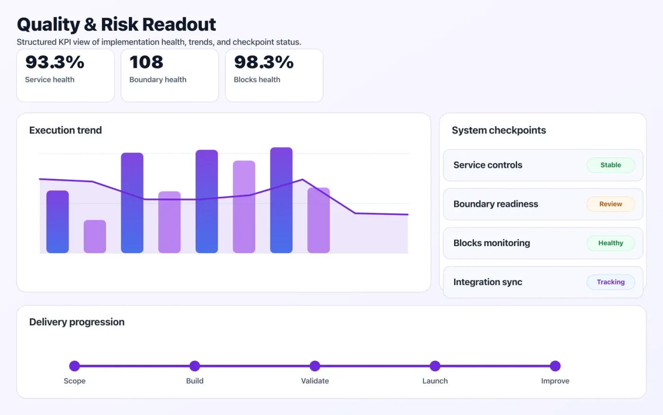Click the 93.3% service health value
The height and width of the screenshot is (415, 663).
[x=55, y=62]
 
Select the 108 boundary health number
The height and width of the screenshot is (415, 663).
[x=146, y=62]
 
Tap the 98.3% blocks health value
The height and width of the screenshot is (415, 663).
[x=264, y=62]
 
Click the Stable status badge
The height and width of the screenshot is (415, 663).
[x=610, y=165]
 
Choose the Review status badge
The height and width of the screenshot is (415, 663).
[x=610, y=204]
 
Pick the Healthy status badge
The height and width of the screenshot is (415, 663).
[x=610, y=243]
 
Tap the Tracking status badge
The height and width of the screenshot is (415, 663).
[x=610, y=282]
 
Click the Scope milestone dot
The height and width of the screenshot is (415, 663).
[x=74, y=366]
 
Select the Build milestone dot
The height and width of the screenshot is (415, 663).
[x=195, y=366]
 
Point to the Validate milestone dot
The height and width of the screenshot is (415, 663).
[x=315, y=366]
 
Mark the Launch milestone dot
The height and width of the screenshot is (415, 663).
[x=435, y=366]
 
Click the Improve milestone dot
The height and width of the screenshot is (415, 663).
[x=555, y=366]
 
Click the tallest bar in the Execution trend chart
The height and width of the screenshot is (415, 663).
[x=281, y=200]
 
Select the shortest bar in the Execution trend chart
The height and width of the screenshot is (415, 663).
[x=95, y=236]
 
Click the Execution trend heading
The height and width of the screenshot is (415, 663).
[x=65, y=130]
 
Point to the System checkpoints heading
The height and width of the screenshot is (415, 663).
[x=499, y=130]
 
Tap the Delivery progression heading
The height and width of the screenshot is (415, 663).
[x=77, y=322]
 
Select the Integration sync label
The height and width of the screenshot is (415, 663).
[x=488, y=282]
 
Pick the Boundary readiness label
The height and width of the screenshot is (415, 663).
[x=496, y=204]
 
